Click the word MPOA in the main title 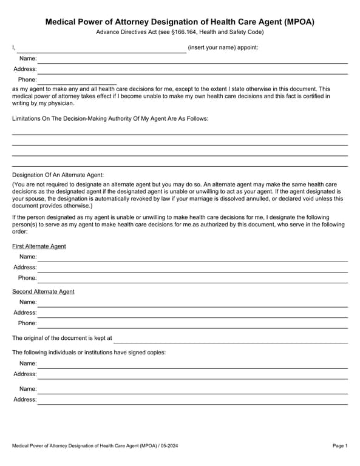click(x=299, y=22)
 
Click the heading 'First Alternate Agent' click(x=39, y=246)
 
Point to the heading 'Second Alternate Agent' click(x=43, y=292)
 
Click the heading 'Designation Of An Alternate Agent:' click(x=58, y=175)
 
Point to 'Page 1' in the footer click(x=340, y=447)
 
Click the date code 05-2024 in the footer click(x=169, y=447)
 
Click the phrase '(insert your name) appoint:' click(x=223, y=47)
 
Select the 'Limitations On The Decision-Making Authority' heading click(x=110, y=118)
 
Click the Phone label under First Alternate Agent click(x=27, y=278)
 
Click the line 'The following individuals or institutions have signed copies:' click(x=89, y=353)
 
